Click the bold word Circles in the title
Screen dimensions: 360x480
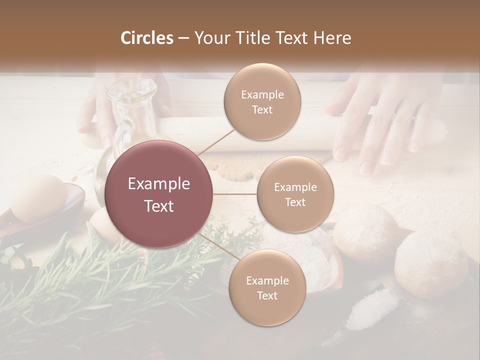coord(147,38)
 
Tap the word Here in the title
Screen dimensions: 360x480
coord(333,38)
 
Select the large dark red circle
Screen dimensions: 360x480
coord(159,194)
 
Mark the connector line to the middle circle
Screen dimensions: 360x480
coord(234,194)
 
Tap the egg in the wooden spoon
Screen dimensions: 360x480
coord(37,197)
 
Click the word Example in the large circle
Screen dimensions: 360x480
coord(159,184)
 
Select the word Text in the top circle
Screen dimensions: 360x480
coord(262,110)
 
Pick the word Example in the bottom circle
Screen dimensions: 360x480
coord(267,281)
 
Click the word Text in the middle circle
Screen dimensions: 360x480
coord(295,202)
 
